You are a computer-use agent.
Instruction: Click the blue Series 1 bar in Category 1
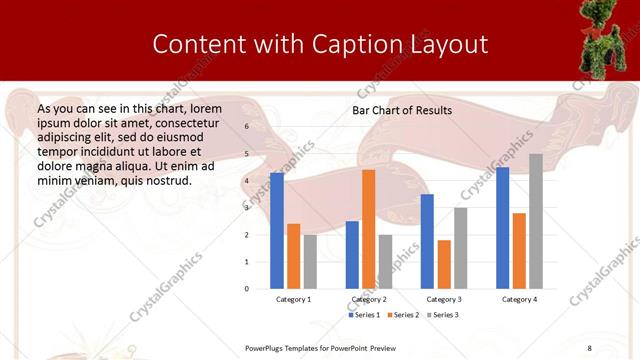pyautogui.click(x=277, y=231)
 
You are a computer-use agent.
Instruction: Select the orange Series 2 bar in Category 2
pyautogui.click(x=368, y=229)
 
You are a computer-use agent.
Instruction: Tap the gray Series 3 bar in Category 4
pyautogui.click(x=536, y=221)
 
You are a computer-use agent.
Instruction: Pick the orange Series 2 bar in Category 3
pyautogui.click(x=444, y=264)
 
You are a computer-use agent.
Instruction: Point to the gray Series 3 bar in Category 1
pyautogui.click(x=310, y=262)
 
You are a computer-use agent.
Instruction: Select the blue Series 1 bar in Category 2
pyautogui.click(x=352, y=255)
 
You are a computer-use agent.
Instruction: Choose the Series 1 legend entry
pyautogui.click(x=366, y=315)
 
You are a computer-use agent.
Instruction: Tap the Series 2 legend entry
pyautogui.click(x=403, y=315)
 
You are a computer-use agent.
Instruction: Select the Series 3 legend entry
pyautogui.click(x=441, y=315)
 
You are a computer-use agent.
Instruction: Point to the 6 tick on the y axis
pyautogui.click(x=246, y=127)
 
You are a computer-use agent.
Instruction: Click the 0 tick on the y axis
pyautogui.click(x=246, y=289)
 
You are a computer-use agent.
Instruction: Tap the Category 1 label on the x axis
pyautogui.click(x=293, y=299)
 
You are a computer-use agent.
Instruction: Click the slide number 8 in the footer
pyautogui.click(x=589, y=347)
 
